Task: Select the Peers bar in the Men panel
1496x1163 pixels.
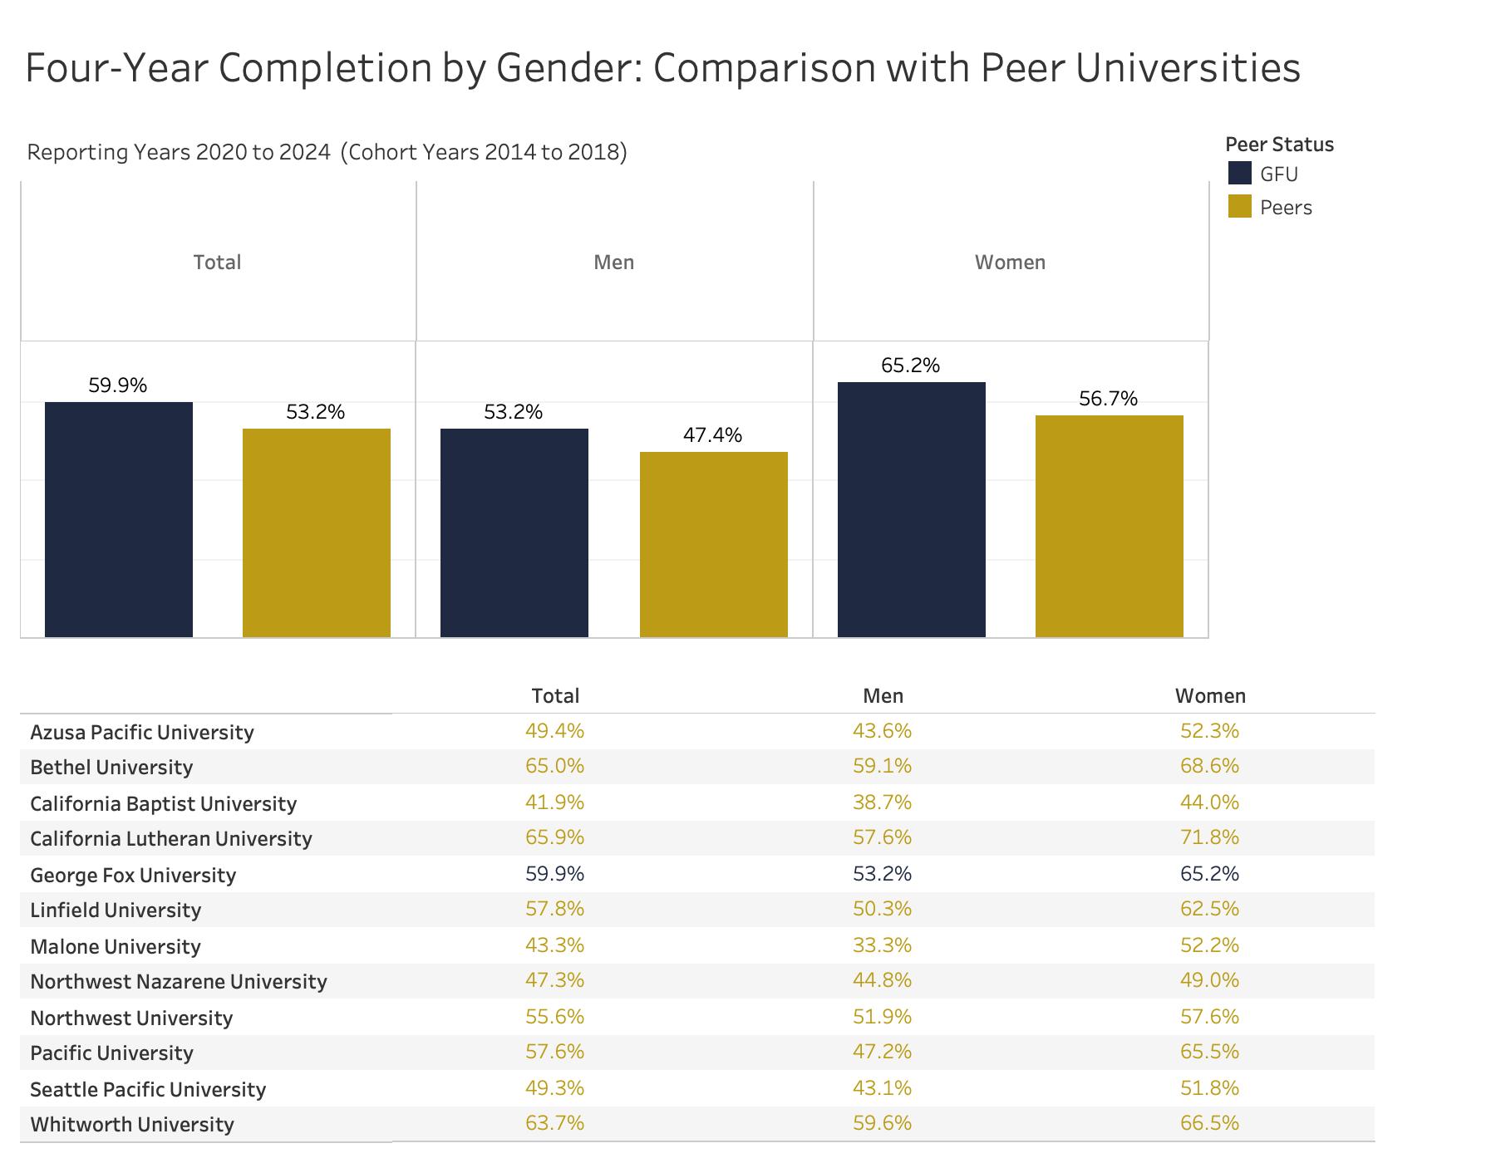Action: [713, 544]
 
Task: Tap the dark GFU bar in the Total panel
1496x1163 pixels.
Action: [119, 519]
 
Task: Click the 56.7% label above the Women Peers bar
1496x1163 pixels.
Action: [1108, 399]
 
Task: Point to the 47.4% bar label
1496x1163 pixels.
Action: [712, 435]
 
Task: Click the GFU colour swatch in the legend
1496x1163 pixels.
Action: [1239, 174]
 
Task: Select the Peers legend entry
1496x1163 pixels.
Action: [1285, 208]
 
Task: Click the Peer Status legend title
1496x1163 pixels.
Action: [1279, 145]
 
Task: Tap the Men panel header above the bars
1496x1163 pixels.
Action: [613, 263]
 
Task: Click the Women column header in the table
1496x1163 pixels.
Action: [1209, 696]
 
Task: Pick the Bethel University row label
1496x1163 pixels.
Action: [111, 768]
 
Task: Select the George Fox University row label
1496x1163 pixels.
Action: [133, 876]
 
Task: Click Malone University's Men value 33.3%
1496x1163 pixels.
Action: [882, 945]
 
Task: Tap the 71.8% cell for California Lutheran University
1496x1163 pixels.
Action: [1209, 837]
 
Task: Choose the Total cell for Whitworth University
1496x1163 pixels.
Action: [554, 1123]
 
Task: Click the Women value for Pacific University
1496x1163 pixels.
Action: [1209, 1052]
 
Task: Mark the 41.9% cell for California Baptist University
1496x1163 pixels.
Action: [554, 802]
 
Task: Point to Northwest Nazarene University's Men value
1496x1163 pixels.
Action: [882, 980]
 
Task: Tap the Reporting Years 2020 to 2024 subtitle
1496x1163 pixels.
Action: [179, 153]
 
